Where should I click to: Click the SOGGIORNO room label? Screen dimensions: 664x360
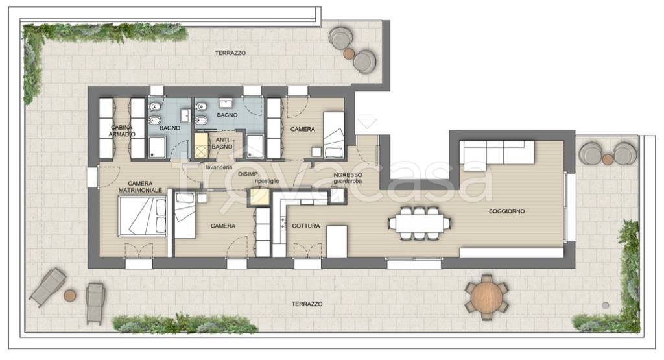(x=506, y=211)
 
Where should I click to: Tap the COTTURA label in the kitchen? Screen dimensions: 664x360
(x=306, y=226)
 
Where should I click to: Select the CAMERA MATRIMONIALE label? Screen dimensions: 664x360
(x=140, y=187)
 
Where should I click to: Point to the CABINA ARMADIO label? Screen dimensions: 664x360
(x=122, y=131)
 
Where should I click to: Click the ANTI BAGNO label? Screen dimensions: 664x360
(x=222, y=143)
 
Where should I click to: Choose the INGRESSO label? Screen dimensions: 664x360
(x=347, y=175)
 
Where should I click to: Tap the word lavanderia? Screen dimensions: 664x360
(x=219, y=167)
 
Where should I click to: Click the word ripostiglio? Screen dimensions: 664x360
(x=267, y=181)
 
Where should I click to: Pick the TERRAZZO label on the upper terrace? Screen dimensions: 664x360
(x=230, y=53)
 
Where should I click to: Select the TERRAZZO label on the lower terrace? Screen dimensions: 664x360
(x=307, y=304)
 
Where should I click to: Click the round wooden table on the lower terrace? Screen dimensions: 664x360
(x=486, y=297)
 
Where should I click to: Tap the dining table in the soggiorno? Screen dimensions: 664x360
(x=420, y=223)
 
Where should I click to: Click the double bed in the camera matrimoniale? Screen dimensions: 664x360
(x=142, y=217)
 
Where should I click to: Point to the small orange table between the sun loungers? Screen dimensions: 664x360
(x=70, y=295)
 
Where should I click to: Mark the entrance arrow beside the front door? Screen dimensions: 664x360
(x=367, y=124)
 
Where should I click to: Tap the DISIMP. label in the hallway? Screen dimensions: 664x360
(x=248, y=174)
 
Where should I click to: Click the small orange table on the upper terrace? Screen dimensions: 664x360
(x=349, y=53)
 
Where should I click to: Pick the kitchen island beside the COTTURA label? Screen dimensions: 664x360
(x=337, y=241)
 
